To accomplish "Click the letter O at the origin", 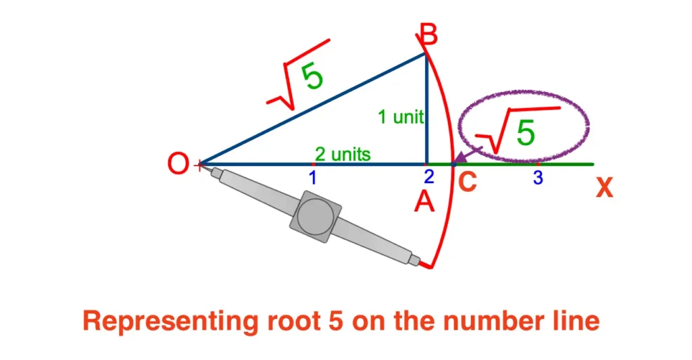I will pos(179,164).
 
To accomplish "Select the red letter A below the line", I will pos(424,201).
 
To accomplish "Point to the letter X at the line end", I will pos(603,188).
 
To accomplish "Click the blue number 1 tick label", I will pos(313,178).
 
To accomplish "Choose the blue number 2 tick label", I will pos(428,178).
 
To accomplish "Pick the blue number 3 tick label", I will pos(538,179).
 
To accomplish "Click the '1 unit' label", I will pos(400,117).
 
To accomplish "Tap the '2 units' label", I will pos(343,154).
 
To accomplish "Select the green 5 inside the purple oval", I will pos(526,132).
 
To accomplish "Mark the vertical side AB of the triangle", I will pos(425,108).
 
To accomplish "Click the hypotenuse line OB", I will pos(311,108).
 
